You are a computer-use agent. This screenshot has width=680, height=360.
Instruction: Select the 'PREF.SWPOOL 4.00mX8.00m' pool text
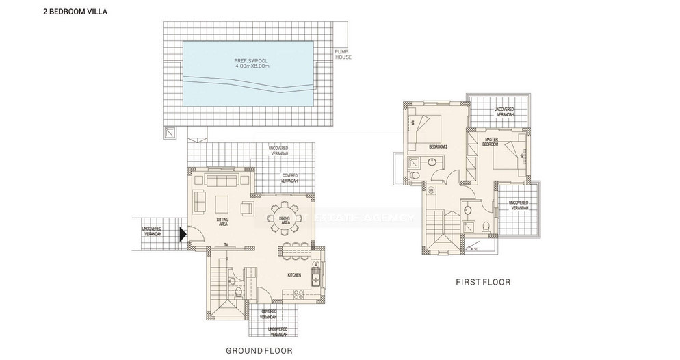click(x=250, y=64)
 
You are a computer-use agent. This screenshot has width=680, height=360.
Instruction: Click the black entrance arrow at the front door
click(x=182, y=235)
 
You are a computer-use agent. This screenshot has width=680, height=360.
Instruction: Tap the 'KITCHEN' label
click(x=295, y=276)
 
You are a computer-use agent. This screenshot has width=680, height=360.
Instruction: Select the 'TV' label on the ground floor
click(x=225, y=245)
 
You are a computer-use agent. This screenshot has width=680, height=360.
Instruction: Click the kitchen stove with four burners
click(x=300, y=294)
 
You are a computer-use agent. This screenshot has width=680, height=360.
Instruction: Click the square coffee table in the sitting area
click(x=223, y=205)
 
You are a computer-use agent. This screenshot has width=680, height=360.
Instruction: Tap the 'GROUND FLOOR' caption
click(x=259, y=350)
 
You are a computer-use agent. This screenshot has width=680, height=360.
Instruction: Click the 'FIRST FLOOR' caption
click(x=482, y=282)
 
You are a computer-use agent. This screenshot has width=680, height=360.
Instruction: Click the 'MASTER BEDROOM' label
click(x=489, y=142)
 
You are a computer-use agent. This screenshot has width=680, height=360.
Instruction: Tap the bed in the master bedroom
click(x=510, y=156)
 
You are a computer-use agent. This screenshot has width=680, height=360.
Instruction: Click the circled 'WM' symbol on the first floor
click(x=432, y=190)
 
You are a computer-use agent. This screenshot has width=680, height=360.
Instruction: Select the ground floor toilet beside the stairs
click(x=233, y=280)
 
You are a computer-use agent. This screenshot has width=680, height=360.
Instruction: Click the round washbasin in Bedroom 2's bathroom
click(x=432, y=163)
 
